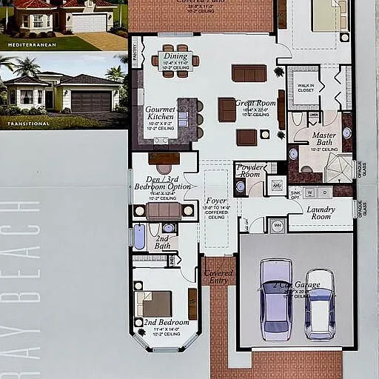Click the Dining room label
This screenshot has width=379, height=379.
[x=175, y=56]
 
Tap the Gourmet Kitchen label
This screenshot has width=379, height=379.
[x=160, y=113]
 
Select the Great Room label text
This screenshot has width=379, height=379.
[x=255, y=103]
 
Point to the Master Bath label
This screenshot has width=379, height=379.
[x=323, y=135]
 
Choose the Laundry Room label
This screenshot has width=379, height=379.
[x=320, y=212]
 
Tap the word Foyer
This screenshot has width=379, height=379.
[x=216, y=201]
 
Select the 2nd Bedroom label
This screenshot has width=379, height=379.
[x=166, y=323]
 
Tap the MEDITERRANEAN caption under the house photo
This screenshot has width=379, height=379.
[x=32, y=45]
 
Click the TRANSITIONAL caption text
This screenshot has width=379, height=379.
[x=29, y=124]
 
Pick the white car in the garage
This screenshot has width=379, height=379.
[x=320, y=304]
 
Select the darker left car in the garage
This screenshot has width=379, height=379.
[x=275, y=298]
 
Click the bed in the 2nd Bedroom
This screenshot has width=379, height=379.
[x=154, y=303]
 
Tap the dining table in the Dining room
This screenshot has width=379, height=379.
[x=175, y=61]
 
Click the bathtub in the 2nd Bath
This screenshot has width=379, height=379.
[x=140, y=237]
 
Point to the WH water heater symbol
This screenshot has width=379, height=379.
[x=278, y=226]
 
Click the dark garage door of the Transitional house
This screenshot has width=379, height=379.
[x=91, y=101]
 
